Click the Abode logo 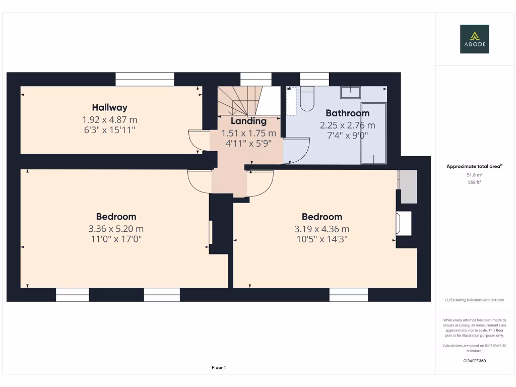pyautogui.click(x=474, y=39)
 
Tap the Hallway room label pyautogui.click(x=109, y=107)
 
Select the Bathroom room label pyautogui.click(x=347, y=113)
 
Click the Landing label pyautogui.click(x=248, y=121)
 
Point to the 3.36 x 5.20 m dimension pyautogui.click(x=116, y=229)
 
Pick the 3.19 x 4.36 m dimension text pyautogui.click(x=321, y=229)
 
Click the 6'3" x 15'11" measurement pyautogui.click(x=109, y=130)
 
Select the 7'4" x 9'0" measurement pyautogui.click(x=347, y=135)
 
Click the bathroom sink pyautogui.click(x=350, y=92)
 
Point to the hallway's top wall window pyautogui.click(x=145, y=79)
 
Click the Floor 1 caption pyautogui.click(x=219, y=368)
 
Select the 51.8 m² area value pyautogui.click(x=474, y=175)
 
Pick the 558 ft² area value pyautogui.click(x=474, y=182)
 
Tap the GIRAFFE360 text pyautogui.click(x=474, y=361)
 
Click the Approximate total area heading pyautogui.click(x=474, y=166)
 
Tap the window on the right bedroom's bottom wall pyautogui.click(x=349, y=295)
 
